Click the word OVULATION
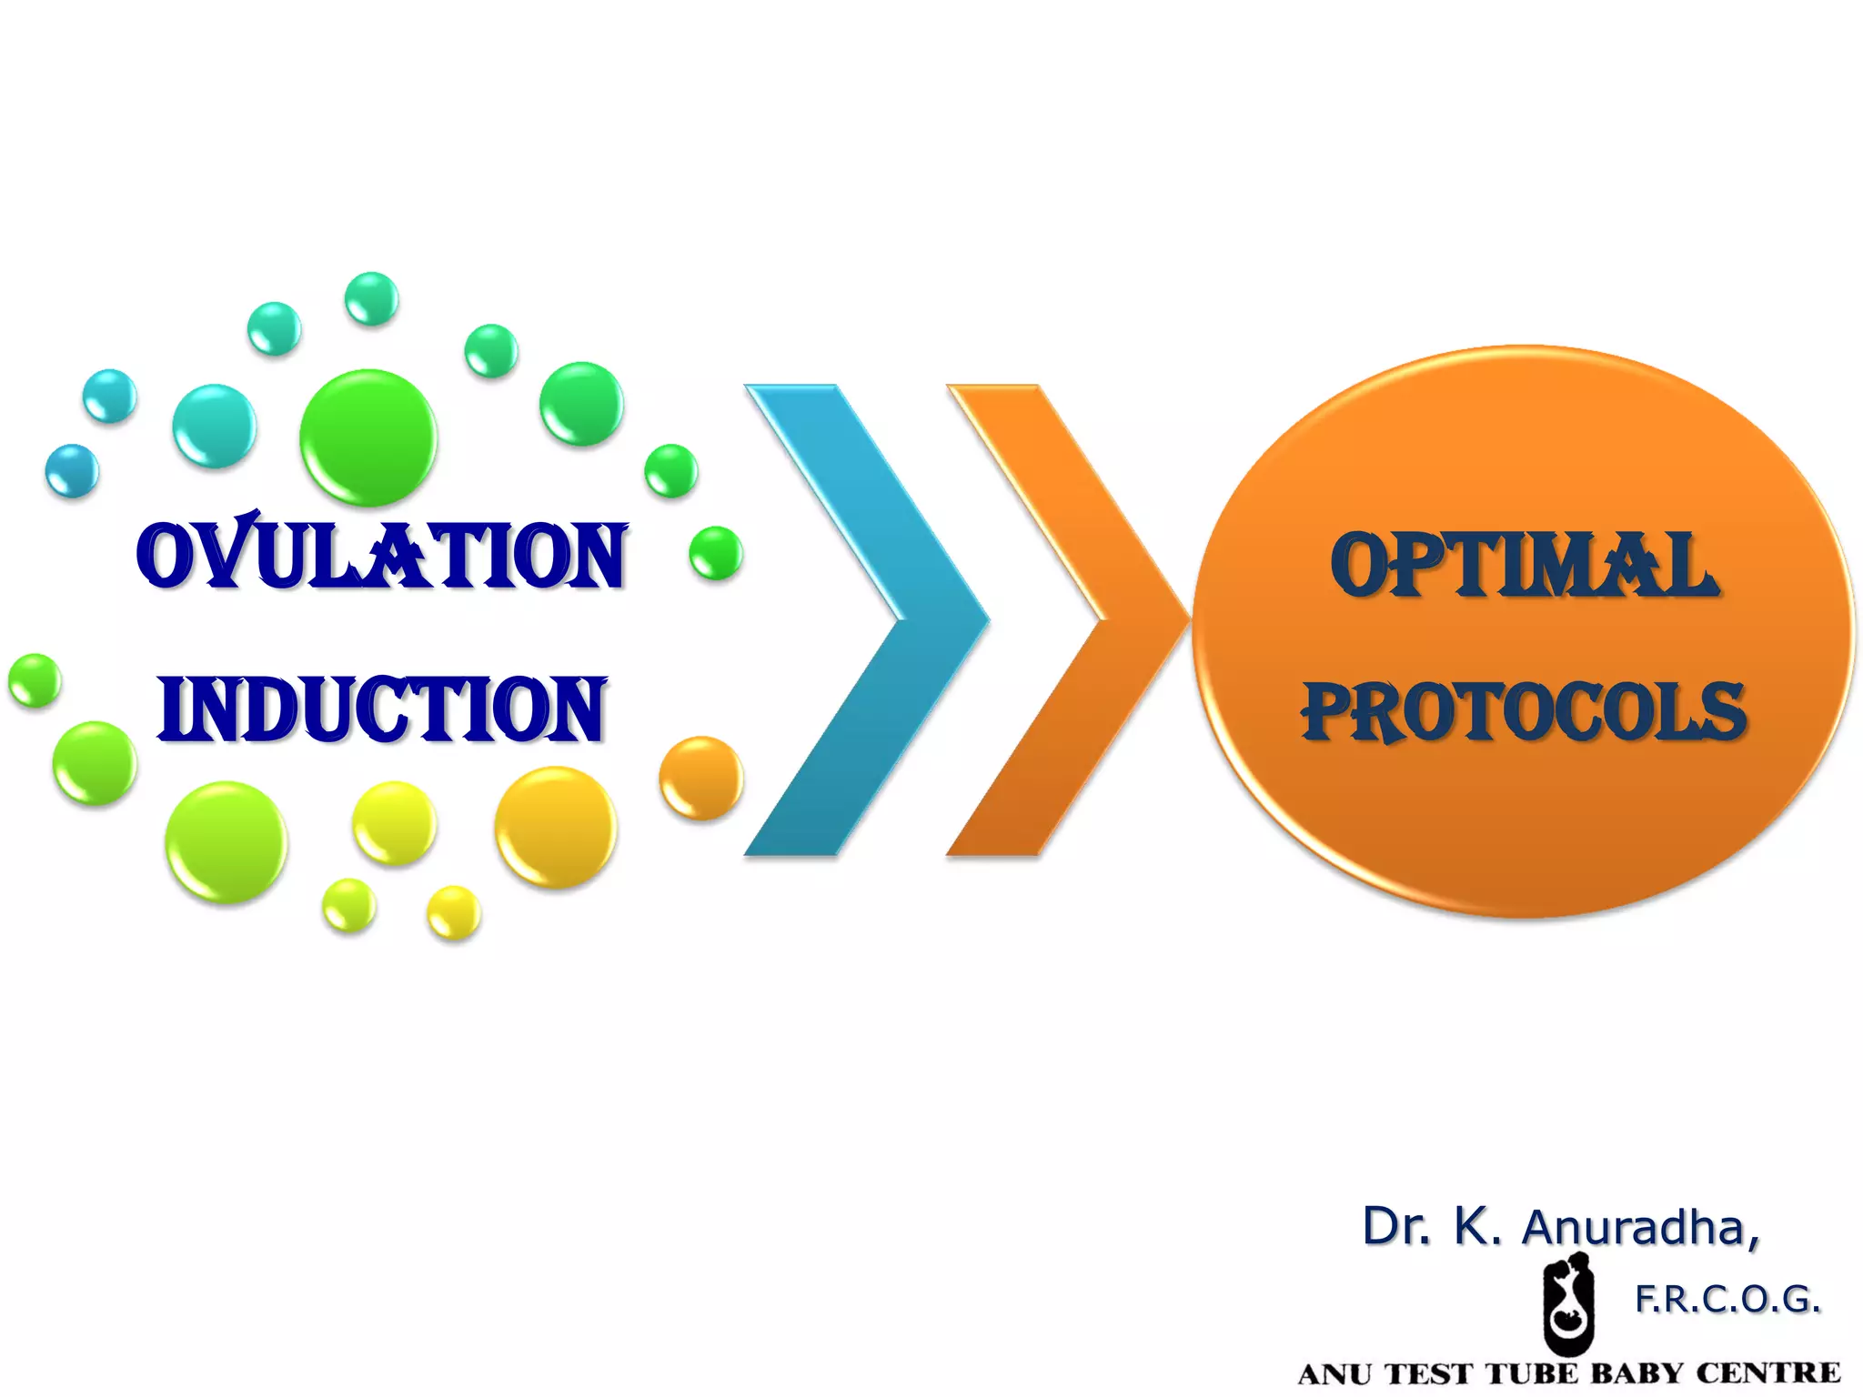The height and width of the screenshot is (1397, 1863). (x=382, y=555)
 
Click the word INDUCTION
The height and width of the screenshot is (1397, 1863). (x=382, y=709)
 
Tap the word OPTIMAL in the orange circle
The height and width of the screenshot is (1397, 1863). (x=1525, y=566)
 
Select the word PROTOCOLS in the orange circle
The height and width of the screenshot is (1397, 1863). (x=1525, y=712)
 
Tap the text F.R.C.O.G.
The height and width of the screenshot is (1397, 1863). (x=1727, y=1300)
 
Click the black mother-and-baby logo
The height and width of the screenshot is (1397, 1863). (x=1568, y=1302)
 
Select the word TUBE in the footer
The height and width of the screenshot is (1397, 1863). (x=1532, y=1373)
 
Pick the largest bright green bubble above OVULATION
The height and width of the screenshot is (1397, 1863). (x=368, y=437)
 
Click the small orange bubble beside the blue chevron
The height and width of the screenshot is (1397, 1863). (x=700, y=778)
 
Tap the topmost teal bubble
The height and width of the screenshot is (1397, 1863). (x=371, y=298)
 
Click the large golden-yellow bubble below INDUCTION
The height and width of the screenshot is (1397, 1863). (x=556, y=827)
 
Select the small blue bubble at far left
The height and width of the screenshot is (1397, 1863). (x=72, y=471)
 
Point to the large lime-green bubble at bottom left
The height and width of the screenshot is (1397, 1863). (x=227, y=842)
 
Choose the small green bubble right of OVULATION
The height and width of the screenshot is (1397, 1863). (x=716, y=553)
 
